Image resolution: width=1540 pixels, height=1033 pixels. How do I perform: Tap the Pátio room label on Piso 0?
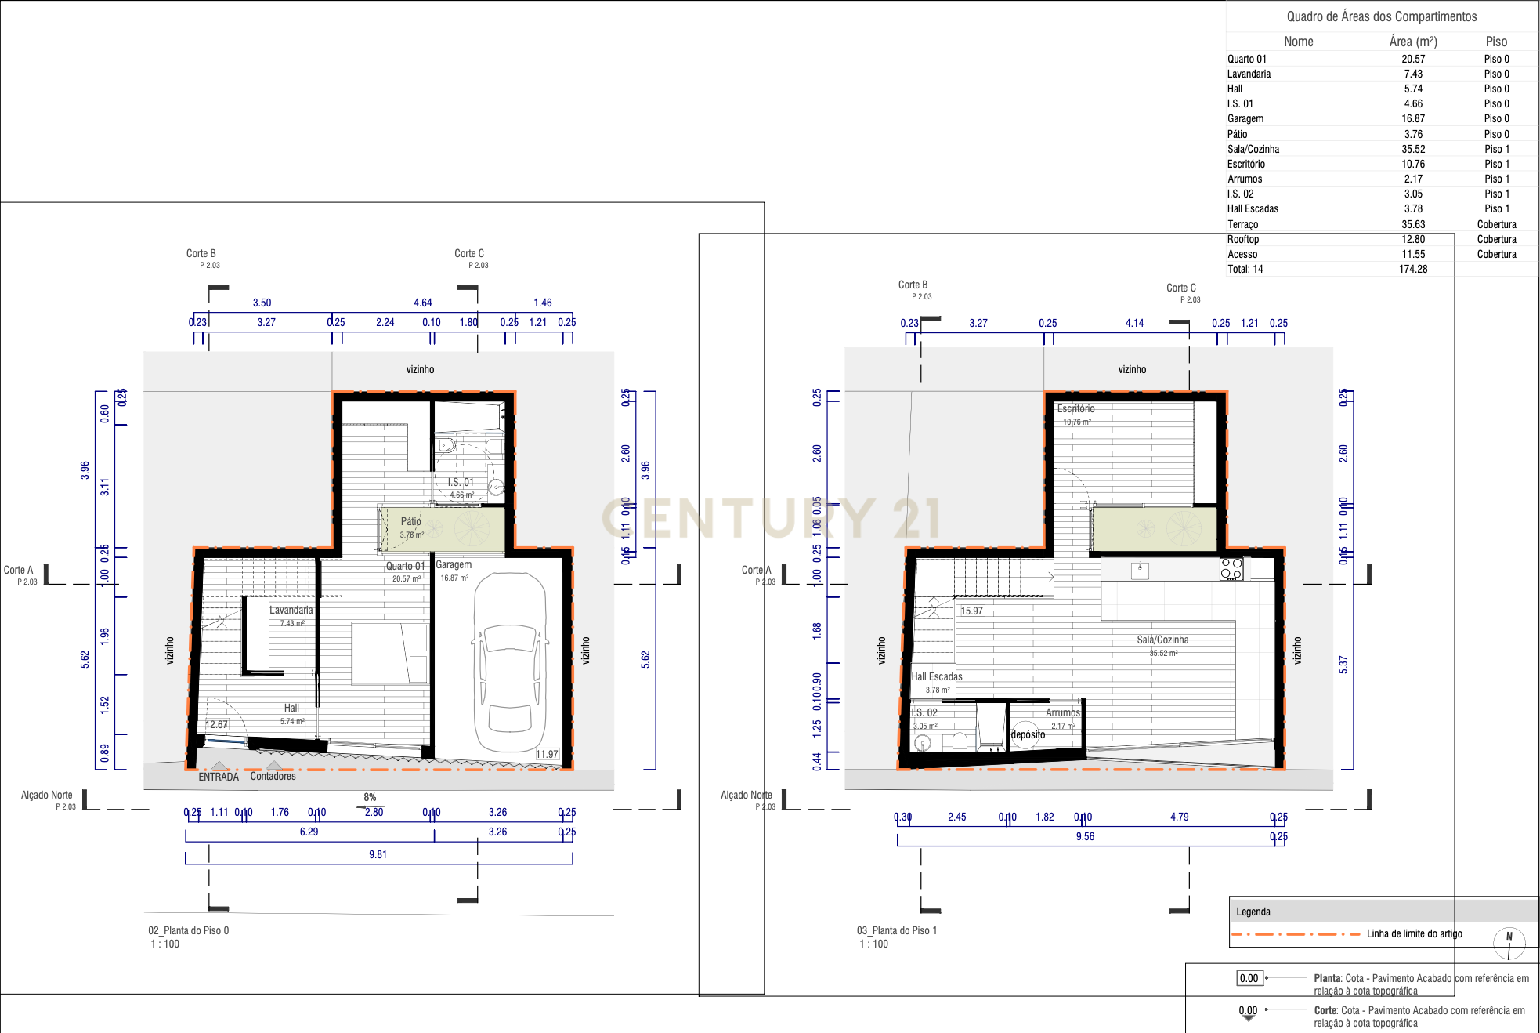pyautogui.click(x=411, y=521)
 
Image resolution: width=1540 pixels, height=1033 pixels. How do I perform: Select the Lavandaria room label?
pyautogui.click(x=291, y=610)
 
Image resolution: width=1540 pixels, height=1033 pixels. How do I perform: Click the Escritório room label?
pyautogui.click(x=1075, y=408)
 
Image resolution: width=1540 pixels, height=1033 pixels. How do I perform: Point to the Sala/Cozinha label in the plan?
pyautogui.click(x=1162, y=640)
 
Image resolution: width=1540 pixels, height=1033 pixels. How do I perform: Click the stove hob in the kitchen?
pyautogui.click(x=1231, y=569)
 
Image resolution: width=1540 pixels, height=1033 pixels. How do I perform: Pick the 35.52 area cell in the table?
pyautogui.click(x=1413, y=149)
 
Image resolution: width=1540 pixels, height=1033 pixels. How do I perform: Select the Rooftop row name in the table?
pyautogui.click(x=1243, y=239)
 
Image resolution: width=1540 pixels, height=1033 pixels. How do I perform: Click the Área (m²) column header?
pyautogui.click(x=1413, y=42)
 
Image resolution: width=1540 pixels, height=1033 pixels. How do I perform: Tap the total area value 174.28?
pyautogui.click(x=1413, y=269)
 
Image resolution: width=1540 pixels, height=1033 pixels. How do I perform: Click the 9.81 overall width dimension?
pyautogui.click(x=378, y=854)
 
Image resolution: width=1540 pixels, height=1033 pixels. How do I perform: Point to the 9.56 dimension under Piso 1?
pyautogui.click(x=1085, y=836)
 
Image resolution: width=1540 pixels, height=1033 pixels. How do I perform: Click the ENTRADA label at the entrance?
pyautogui.click(x=219, y=777)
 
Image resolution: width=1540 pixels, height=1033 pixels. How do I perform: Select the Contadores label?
pyautogui.click(x=273, y=776)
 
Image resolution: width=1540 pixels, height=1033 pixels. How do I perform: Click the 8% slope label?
pyautogui.click(x=370, y=797)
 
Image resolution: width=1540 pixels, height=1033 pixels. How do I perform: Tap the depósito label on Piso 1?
pyautogui.click(x=1028, y=734)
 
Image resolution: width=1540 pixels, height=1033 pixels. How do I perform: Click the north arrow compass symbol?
pyautogui.click(x=1509, y=943)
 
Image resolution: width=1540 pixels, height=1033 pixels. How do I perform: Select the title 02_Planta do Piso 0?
pyautogui.click(x=189, y=930)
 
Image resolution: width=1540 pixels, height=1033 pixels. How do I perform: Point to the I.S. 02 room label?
pyautogui.click(x=924, y=712)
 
